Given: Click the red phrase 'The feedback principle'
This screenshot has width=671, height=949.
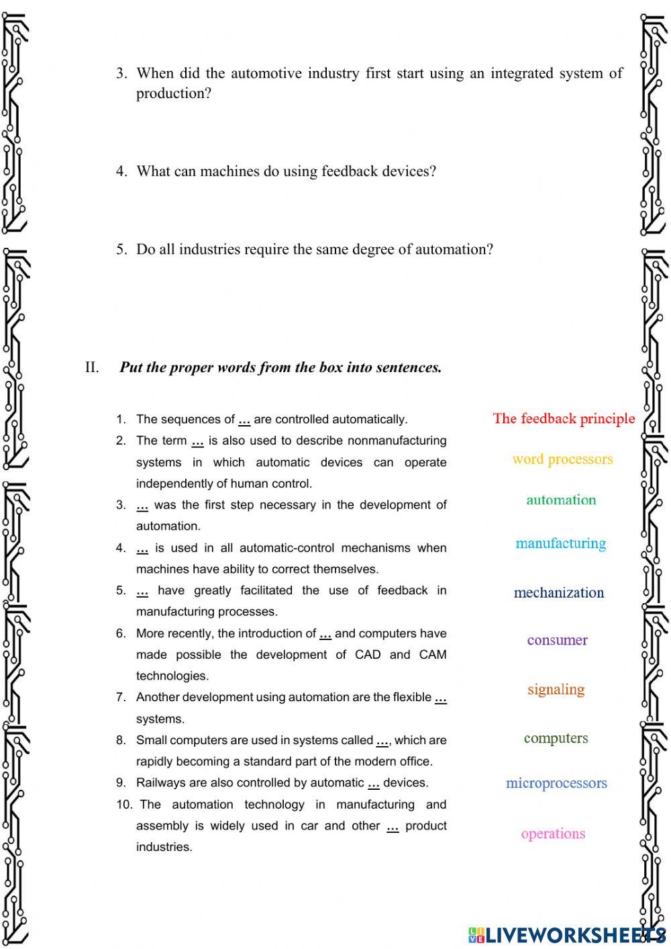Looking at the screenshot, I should tap(564, 418).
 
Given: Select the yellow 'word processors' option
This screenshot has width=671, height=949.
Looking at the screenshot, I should tap(562, 459).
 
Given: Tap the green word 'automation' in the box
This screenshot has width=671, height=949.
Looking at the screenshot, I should tap(561, 500).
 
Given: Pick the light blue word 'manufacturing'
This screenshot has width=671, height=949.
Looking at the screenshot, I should tap(560, 543).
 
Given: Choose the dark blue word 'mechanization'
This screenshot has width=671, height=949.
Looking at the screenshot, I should tap(558, 592).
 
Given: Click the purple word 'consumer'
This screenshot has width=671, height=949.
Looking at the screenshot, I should tap(557, 640).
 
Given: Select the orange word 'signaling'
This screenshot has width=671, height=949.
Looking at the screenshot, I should tap(556, 689).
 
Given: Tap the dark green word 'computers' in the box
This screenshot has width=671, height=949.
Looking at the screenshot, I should tap(556, 738).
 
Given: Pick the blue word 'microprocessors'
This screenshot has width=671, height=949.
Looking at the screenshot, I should tap(556, 783).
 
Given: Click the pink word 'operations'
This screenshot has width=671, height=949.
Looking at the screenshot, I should tap(553, 833).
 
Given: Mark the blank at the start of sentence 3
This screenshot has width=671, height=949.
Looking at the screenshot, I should tap(142, 506).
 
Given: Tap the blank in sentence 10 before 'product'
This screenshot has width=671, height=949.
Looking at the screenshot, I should tap(393, 827).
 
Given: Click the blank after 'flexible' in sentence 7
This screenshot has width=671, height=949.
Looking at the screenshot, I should tap(440, 698).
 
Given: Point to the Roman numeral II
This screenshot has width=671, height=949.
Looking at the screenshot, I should tap(92, 367).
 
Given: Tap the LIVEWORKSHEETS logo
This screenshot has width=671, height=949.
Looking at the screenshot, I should tap(567, 934).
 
